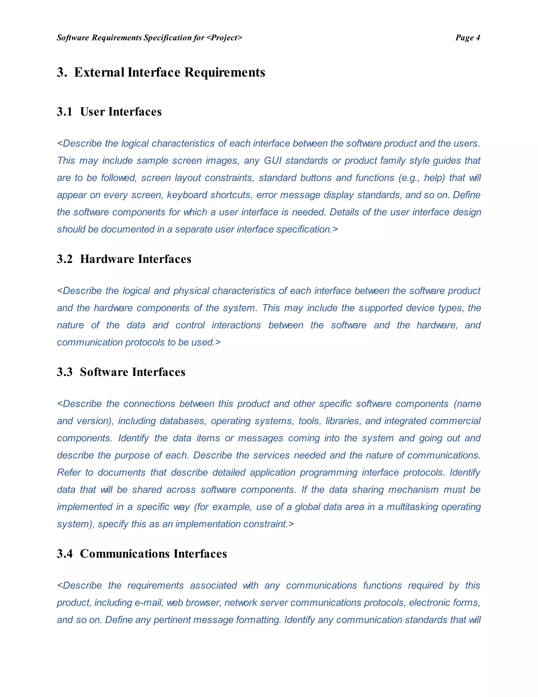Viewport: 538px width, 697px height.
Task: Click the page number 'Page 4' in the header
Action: (x=467, y=38)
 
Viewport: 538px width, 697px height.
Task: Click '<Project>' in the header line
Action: (x=224, y=38)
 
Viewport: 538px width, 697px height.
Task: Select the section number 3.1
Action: (x=65, y=112)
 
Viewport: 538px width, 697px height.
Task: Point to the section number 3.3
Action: (x=65, y=372)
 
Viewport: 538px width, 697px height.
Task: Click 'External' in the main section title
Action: (x=99, y=72)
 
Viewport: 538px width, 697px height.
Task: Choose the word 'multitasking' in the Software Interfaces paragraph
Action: (x=412, y=507)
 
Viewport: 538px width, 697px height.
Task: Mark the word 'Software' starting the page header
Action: (x=73, y=38)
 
